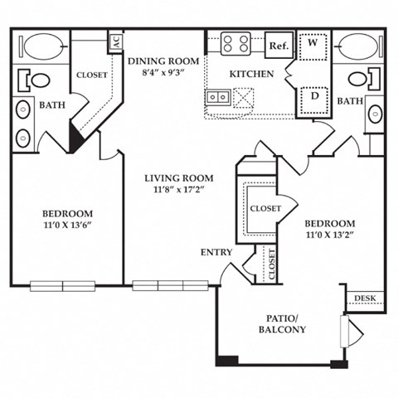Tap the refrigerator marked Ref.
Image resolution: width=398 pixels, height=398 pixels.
tap(279, 46)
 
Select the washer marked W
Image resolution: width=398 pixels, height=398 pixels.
tap(313, 47)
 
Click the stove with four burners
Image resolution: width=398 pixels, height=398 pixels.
tap(236, 43)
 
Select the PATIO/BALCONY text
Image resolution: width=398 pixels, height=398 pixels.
tap(281, 323)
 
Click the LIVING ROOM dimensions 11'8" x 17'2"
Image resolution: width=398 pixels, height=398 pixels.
tap(178, 190)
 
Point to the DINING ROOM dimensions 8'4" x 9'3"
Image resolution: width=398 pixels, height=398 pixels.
tap(163, 72)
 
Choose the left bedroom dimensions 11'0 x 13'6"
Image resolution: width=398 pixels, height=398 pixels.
tap(69, 225)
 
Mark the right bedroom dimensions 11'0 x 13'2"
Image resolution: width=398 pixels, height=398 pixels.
tap(329, 235)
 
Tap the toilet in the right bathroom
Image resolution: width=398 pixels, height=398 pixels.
tap(358, 79)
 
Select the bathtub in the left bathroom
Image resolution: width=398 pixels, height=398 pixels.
tap(43, 46)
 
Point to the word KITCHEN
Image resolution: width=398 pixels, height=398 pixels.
tap(252, 74)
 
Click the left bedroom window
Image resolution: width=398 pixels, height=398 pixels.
tap(64, 286)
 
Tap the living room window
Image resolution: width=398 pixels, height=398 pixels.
tap(170, 286)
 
